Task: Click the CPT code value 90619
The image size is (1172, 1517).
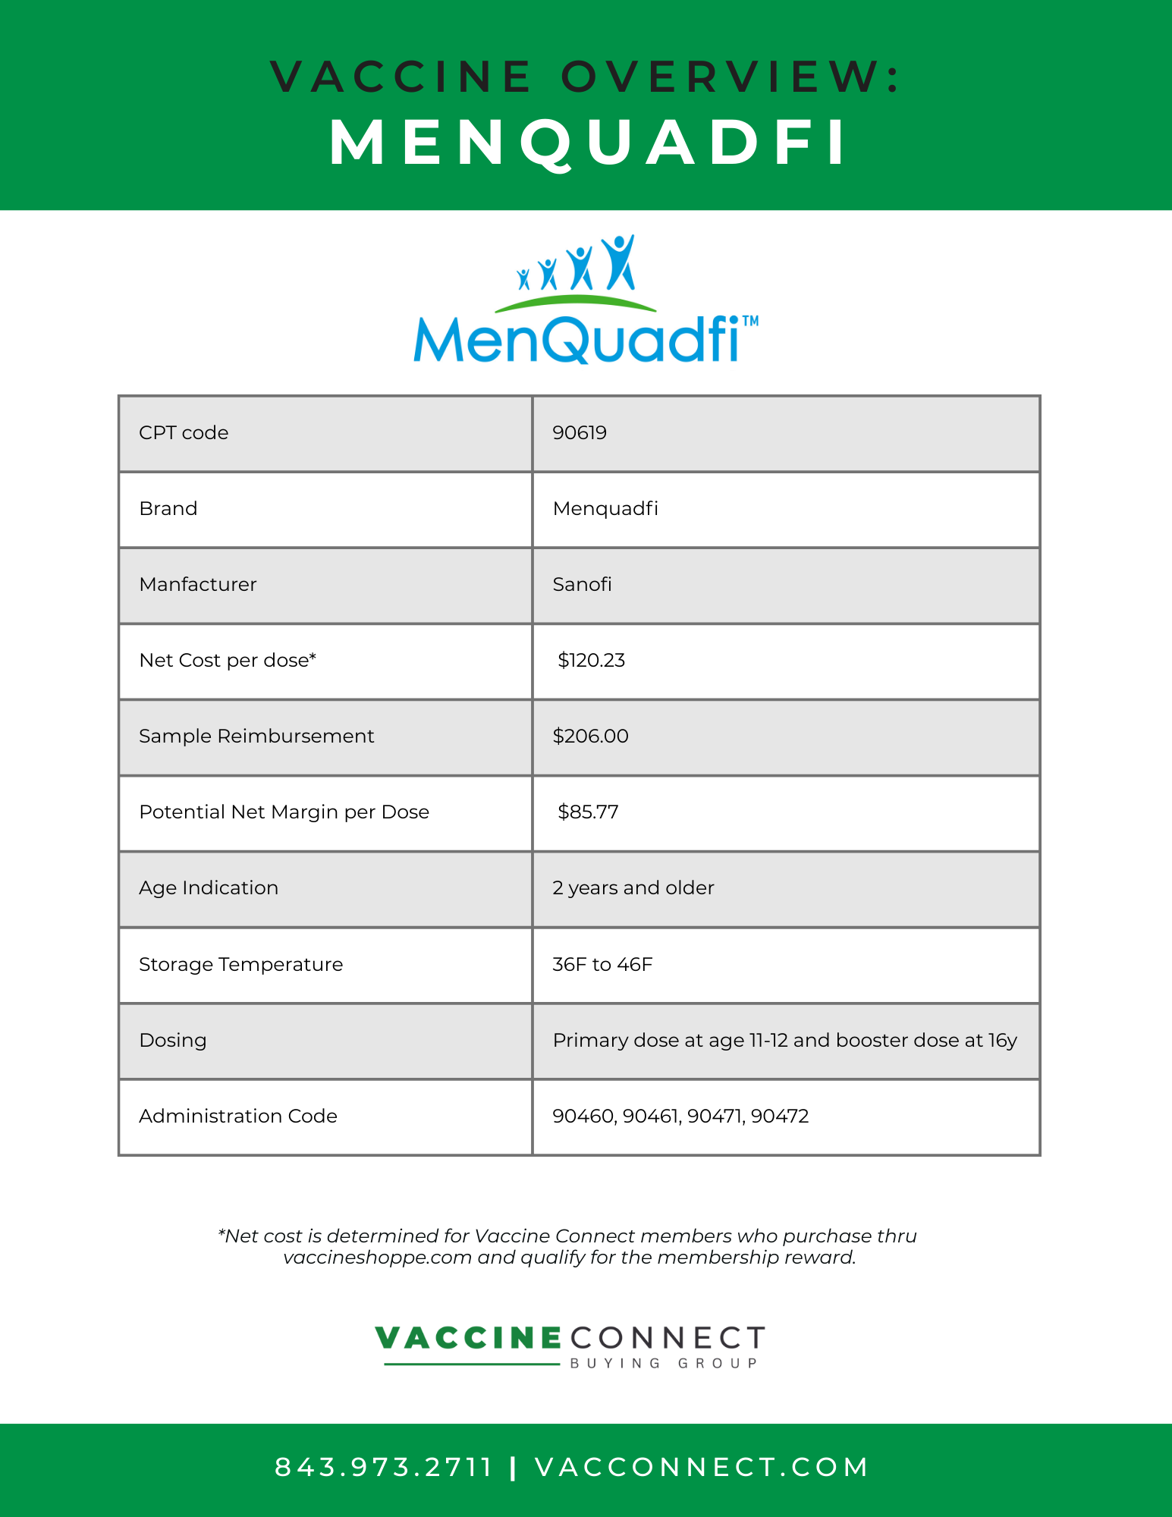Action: [x=580, y=433]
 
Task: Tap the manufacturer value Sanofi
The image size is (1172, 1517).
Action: [x=582, y=585]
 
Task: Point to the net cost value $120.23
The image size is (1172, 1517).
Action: [x=591, y=661]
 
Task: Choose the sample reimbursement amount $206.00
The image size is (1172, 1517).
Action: [x=590, y=737]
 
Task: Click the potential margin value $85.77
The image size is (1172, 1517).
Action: [x=588, y=812]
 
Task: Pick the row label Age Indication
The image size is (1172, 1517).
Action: [x=209, y=888]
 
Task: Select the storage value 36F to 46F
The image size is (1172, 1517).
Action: [x=602, y=965]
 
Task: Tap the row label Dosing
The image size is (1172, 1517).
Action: [x=173, y=1041]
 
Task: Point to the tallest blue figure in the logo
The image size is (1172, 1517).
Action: [x=618, y=262]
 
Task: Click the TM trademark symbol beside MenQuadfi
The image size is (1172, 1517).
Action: [x=749, y=322]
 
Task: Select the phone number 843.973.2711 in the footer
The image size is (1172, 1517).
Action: [x=384, y=1468]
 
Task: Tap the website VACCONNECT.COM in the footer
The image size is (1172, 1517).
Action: [x=702, y=1468]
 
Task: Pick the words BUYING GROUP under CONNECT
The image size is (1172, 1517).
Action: [x=664, y=1364]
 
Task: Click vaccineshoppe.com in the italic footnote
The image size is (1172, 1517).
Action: [x=377, y=1258]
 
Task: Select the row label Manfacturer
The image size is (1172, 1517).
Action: [x=198, y=585]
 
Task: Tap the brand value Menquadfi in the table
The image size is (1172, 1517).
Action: [x=605, y=509]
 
